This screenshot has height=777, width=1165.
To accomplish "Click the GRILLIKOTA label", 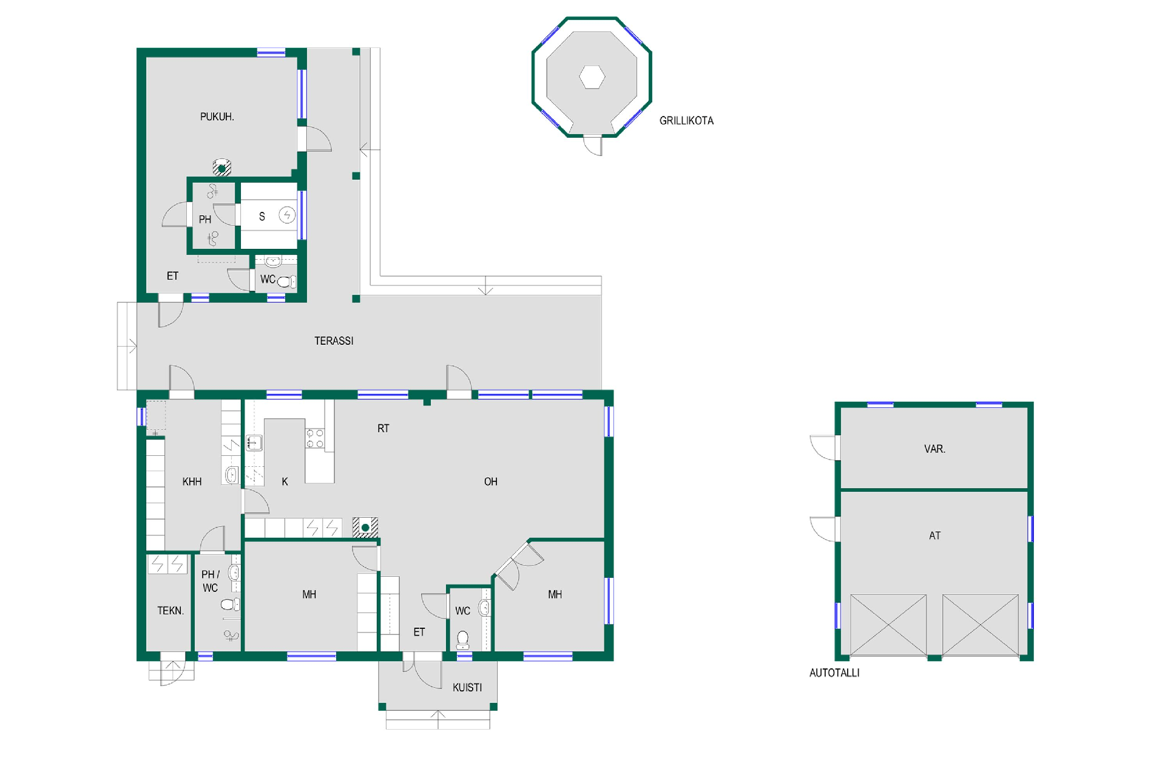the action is tap(686, 121).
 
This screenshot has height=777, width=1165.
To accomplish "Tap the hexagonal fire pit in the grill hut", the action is tap(592, 77).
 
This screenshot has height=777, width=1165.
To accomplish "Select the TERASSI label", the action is tap(334, 341).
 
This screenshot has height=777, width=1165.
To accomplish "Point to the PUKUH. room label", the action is tap(217, 117).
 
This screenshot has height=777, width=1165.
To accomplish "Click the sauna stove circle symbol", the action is tap(287, 214).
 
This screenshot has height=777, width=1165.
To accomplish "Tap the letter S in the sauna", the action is tap(262, 217).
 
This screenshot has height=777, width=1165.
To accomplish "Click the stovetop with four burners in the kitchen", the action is tap(315, 439).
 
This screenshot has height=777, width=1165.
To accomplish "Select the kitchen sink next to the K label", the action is tap(254, 443).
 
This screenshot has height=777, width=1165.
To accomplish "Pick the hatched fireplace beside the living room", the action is tap(365, 528).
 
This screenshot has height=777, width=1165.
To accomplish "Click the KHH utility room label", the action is tap(192, 482).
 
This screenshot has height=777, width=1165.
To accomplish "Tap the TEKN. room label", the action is tap(171, 611).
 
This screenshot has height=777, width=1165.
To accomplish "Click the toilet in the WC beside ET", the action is tap(463, 640).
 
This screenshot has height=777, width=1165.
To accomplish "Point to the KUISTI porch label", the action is tap(467, 688).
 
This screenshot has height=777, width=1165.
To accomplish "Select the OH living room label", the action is tap(491, 482).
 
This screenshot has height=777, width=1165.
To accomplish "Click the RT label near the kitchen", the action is tap(383, 429).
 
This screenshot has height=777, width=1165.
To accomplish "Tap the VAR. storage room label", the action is tap(934, 449).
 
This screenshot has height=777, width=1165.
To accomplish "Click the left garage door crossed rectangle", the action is tap(888, 625).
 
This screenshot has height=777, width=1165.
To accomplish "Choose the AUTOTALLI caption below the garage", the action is tap(834, 673).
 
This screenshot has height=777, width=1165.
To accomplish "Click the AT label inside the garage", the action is tap(934, 536).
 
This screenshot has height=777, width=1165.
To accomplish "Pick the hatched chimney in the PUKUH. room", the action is tap(222, 168).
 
